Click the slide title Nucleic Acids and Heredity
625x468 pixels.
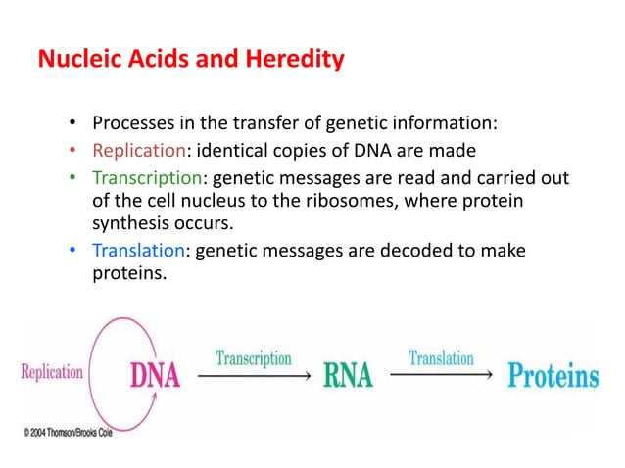(x=190, y=61)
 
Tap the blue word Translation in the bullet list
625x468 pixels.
(x=142, y=251)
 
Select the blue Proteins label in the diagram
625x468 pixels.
(x=553, y=377)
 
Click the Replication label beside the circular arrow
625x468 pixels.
(x=52, y=373)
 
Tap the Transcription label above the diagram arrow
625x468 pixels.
(x=254, y=358)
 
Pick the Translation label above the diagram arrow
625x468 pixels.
(x=441, y=358)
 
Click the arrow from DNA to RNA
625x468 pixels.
(x=254, y=375)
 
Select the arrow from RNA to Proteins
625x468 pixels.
(x=441, y=375)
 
